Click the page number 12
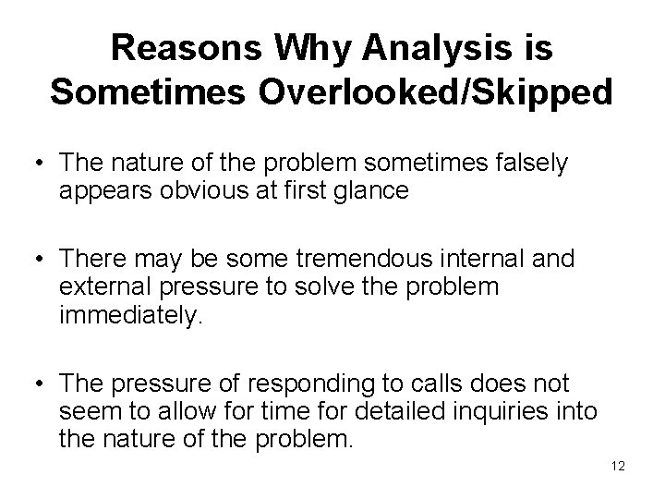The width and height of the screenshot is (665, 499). [618, 467]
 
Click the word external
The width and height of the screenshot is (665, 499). [96, 286]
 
